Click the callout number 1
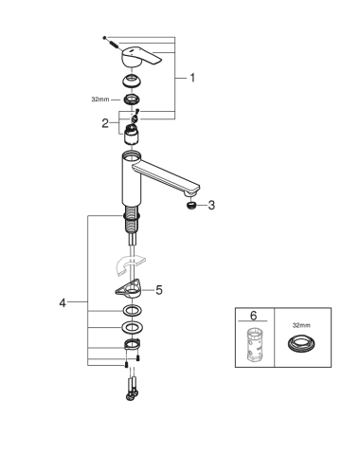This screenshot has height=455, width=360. click(192, 78)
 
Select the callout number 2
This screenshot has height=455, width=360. click(105, 123)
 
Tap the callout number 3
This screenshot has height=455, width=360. click(211, 205)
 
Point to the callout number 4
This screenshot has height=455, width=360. click(63, 303)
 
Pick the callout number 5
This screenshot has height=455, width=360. click(159, 290)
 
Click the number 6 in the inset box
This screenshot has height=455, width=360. click(254, 316)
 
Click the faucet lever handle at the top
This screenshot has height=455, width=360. click(141, 57)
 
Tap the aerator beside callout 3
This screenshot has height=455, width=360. click(191, 206)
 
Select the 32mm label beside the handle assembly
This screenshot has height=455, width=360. click(100, 100)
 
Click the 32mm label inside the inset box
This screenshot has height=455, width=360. click(301, 325)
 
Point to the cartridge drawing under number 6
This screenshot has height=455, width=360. click(255, 344)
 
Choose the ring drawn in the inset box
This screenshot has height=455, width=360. click(302, 343)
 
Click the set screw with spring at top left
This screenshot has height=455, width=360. click(111, 43)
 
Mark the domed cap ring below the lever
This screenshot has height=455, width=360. click(132, 81)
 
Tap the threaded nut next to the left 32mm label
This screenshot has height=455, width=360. click(132, 100)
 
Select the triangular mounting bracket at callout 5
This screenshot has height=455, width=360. click(129, 288)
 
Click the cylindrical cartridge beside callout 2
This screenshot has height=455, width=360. click(132, 135)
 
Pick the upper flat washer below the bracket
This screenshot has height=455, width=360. click(132, 311)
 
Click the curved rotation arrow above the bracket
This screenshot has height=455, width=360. click(130, 264)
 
